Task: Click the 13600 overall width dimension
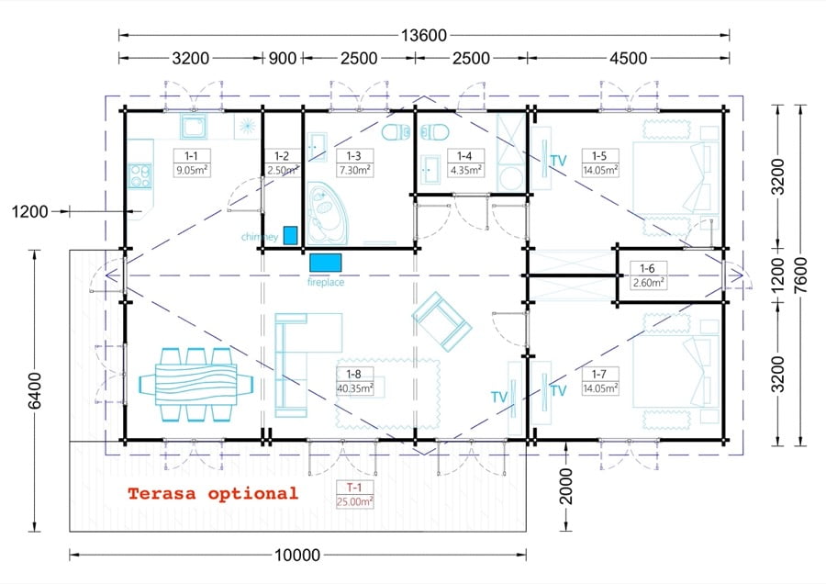423,35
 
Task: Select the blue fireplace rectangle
326,263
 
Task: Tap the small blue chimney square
290,235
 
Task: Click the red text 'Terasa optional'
213,494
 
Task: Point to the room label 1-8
353,374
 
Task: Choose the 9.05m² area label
192,170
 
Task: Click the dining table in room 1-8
196,384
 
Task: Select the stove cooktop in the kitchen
140,176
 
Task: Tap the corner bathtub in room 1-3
327,213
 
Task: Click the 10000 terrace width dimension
297,555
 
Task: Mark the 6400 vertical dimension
34,390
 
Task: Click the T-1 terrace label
354,488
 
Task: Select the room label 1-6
647,268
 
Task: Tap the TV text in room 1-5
558,160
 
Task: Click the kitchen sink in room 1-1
194,127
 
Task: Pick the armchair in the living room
441,321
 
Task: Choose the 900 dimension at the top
283,58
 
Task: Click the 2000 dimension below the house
565,486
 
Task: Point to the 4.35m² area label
465,170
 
